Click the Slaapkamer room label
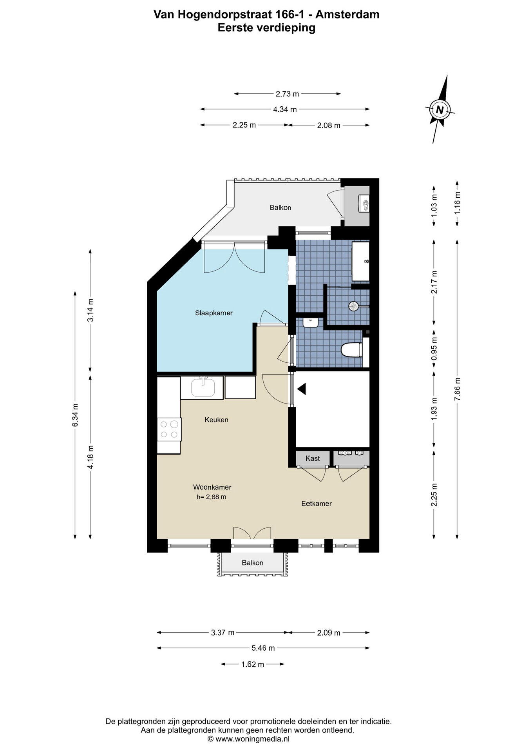coord(214,313)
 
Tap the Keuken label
coord(216,420)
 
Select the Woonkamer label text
coord(212,487)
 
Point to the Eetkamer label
coord(317,504)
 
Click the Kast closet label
coord(313,458)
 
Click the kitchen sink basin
coord(203,387)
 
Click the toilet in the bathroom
coord(352,350)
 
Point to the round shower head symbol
coord(354,306)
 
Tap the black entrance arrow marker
coord(302,389)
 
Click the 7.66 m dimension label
coord(457,389)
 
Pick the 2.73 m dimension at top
coord(287,94)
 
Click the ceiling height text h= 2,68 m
coord(212,497)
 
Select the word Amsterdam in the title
coord(347,15)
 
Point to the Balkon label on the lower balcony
coord(252,563)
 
